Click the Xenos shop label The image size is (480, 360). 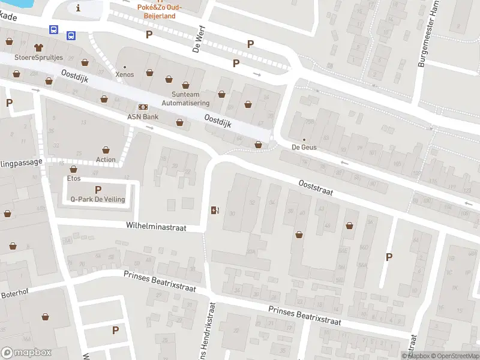(125, 74)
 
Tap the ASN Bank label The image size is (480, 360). (142, 116)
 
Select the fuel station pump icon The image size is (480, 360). (215, 209)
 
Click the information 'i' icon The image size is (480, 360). (79, 8)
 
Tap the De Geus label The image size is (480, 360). (304, 147)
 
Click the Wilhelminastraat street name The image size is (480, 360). (156, 227)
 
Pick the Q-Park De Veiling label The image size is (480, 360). (98, 199)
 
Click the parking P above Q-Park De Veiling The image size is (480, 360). (98, 190)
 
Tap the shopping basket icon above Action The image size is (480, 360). (106, 149)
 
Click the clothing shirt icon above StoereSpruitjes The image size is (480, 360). (39, 46)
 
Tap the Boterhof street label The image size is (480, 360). (14, 294)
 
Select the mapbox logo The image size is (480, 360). (26, 353)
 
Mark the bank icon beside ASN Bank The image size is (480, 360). (143, 107)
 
